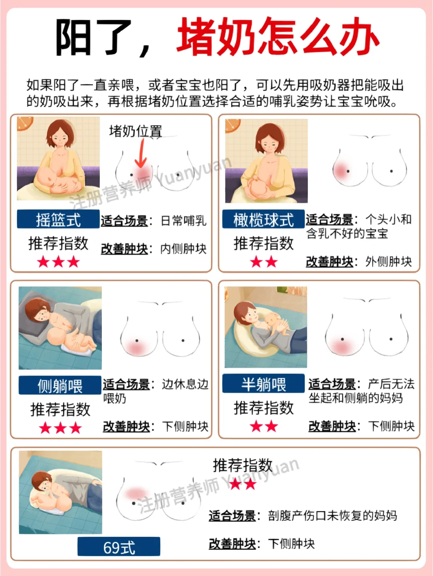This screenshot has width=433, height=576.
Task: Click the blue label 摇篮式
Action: (x=58, y=219)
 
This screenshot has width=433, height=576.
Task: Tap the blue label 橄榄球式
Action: (x=263, y=219)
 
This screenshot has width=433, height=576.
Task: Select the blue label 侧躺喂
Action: (x=60, y=385)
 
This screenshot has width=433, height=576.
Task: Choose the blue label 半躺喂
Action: (x=263, y=383)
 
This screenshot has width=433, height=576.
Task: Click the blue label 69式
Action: (x=119, y=546)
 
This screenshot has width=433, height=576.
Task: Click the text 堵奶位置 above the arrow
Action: (x=136, y=131)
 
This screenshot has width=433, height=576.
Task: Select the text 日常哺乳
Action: (x=183, y=221)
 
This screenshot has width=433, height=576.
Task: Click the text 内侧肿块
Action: (x=183, y=249)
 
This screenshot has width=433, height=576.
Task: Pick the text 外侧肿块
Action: (x=388, y=261)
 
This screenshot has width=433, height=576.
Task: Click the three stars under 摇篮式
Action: (x=58, y=262)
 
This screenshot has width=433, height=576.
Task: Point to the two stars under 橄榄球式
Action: (x=263, y=262)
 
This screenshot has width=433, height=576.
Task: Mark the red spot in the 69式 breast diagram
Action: (x=136, y=493)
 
